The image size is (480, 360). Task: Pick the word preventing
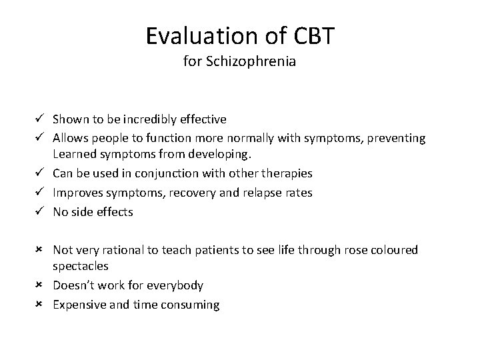coord(396,138)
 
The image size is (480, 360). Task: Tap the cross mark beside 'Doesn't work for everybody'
coord(40,285)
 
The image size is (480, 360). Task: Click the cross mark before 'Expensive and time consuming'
coord(40,305)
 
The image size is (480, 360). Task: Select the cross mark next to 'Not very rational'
coord(40,249)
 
